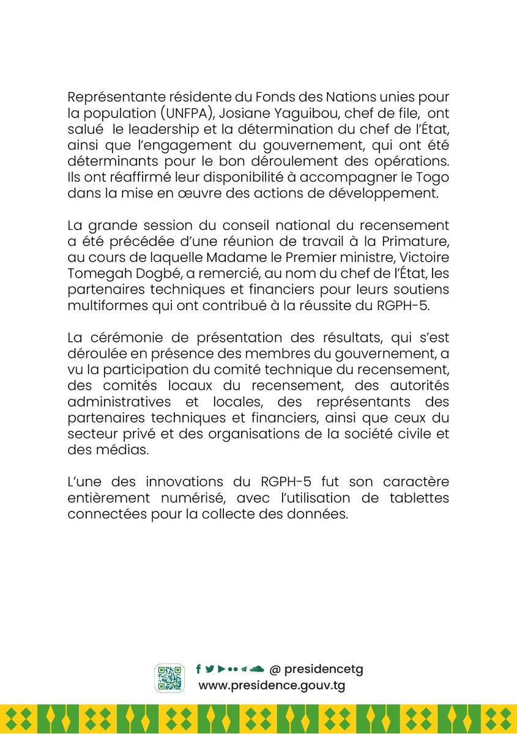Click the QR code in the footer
pos(169,678)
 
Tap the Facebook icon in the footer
pos(198,669)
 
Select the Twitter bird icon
pos(209,669)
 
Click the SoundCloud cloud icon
pos(257,669)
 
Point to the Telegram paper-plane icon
pos(244,669)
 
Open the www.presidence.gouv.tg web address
pos(272,686)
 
